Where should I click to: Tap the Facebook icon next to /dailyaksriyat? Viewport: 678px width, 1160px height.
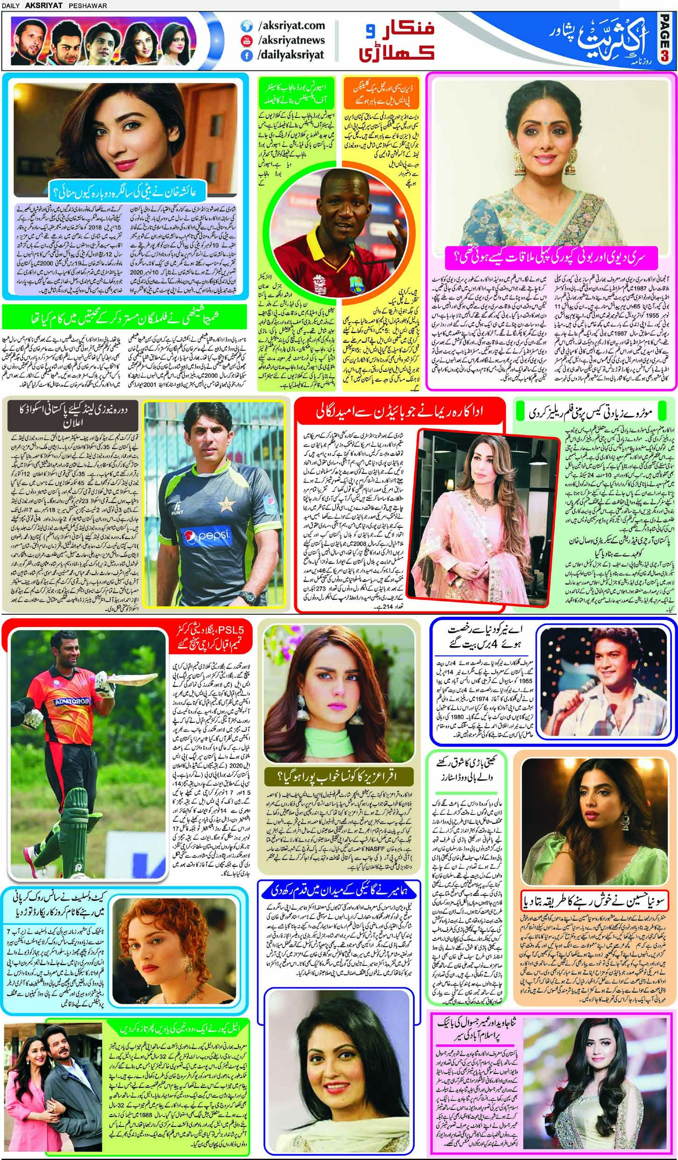click(246, 55)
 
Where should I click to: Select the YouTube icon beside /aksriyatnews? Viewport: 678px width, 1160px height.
click(246, 41)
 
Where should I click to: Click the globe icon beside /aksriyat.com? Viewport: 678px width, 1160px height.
click(246, 26)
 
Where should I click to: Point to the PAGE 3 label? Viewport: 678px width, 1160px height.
click(669, 42)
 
